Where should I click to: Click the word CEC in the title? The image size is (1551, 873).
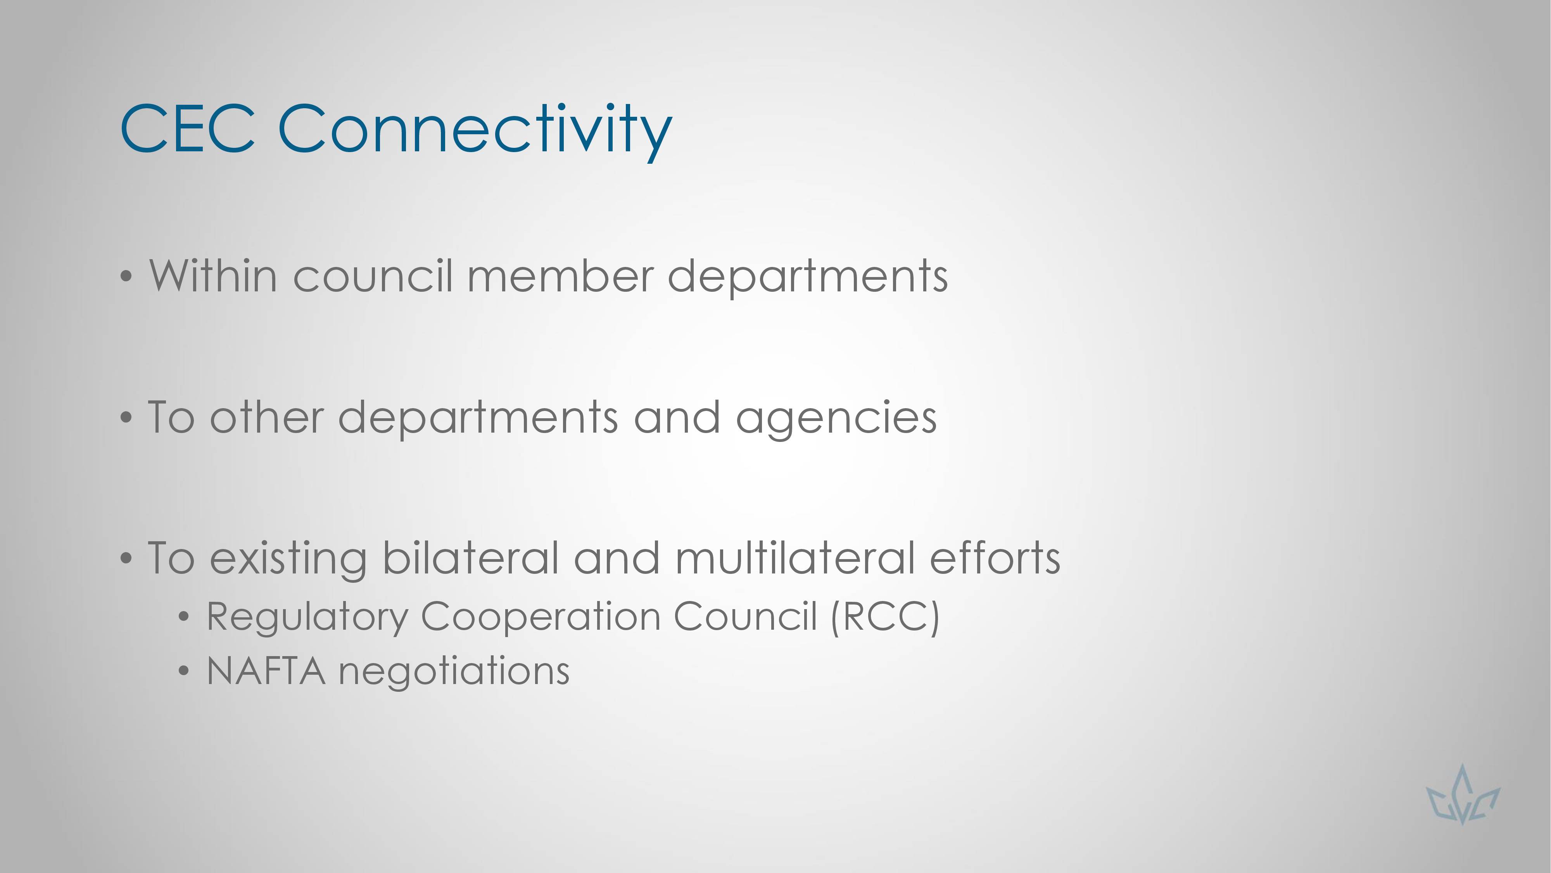[x=188, y=128]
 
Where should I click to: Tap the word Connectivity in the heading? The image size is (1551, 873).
[x=475, y=132]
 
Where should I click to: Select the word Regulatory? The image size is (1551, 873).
[x=307, y=619]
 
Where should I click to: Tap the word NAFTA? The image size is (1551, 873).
[x=266, y=671]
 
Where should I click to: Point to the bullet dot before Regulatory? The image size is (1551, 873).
[x=184, y=617]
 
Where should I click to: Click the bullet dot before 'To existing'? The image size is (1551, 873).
[x=126, y=558]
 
